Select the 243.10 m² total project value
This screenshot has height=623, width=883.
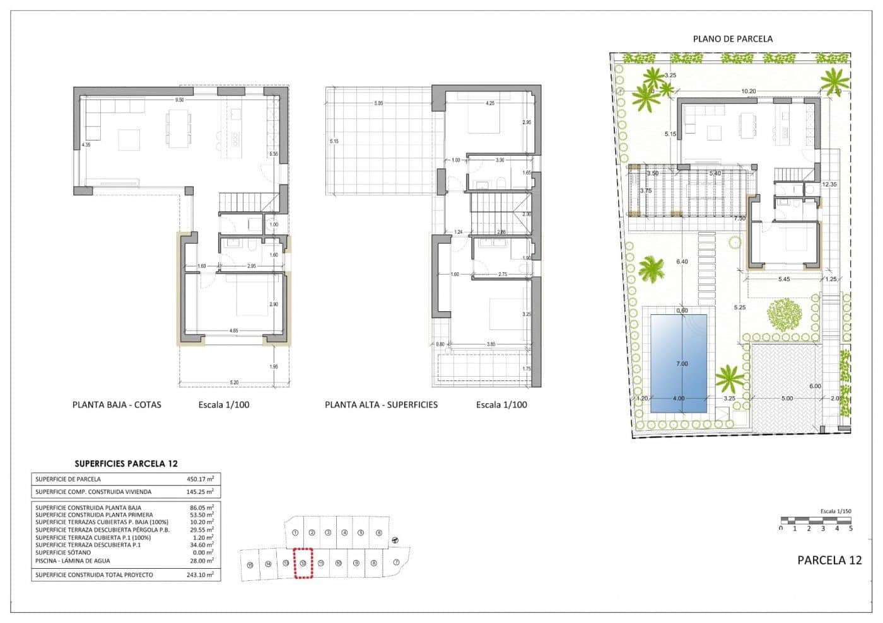pyautogui.click(x=200, y=574)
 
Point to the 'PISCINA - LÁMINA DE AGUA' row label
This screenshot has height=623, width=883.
pyautogui.click(x=73, y=561)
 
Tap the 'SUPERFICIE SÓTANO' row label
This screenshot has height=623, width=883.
pyautogui.click(x=62, y=552)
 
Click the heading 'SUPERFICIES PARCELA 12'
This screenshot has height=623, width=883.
pyautogui.click(x=126, y=464)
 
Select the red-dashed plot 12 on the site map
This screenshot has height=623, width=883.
pyautogui.click(x=303, y=563)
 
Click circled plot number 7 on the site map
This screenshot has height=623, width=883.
pyautogui.click(x=396, y=563)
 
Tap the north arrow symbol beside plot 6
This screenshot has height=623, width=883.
pyautogui.click(x=395, y=539)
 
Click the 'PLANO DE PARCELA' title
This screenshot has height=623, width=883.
pyautogui.click(x=732, y=38)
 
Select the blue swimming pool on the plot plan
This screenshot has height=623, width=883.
pyautogui.click(x=679, y=363)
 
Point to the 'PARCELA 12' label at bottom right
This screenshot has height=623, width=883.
pyautogui.click(x=829, y=560)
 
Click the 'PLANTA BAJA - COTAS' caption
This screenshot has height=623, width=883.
pyautogui.click(x=117, y=404)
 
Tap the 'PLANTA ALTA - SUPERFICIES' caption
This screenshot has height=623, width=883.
pyautogui.click(x=381, y=404)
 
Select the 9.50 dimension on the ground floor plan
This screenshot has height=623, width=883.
pyautogui.click(x=180, y=100)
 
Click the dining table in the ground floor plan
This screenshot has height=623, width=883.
pyautogui.click(x=178, y=129)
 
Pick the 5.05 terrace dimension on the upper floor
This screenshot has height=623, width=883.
pyautogui.click(x=378, y=103)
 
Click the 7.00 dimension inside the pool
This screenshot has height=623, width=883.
pyautogui.click(x=682, y=364)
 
